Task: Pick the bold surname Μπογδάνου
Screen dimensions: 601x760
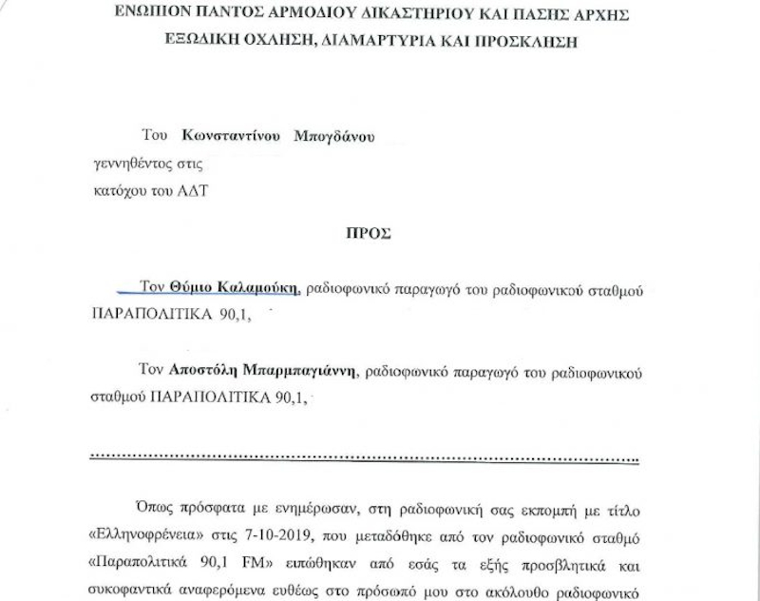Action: [335, 136]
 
